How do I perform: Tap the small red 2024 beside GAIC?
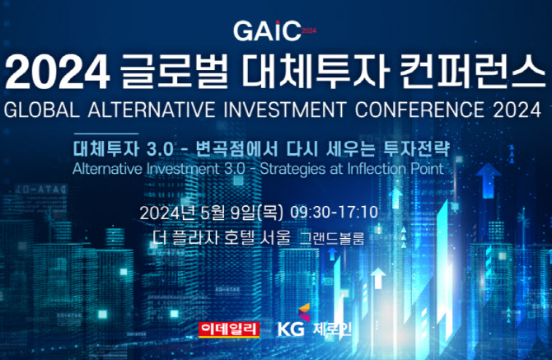coord(309,31)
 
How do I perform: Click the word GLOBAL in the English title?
coord(42,110)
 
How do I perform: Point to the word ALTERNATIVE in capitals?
coord(152,110)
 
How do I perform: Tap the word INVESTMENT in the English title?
coord(285,110)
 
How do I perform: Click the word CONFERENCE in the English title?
coord(419,110)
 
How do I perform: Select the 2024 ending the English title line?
coord(517,110)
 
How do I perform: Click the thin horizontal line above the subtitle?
coord(106,133)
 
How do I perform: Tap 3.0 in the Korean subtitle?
coord(160,149)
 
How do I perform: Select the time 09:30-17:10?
coord(334,213)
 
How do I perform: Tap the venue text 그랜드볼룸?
coord(332,239)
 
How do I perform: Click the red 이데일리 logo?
coord(229,330)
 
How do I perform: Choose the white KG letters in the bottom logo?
coord(291,330)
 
